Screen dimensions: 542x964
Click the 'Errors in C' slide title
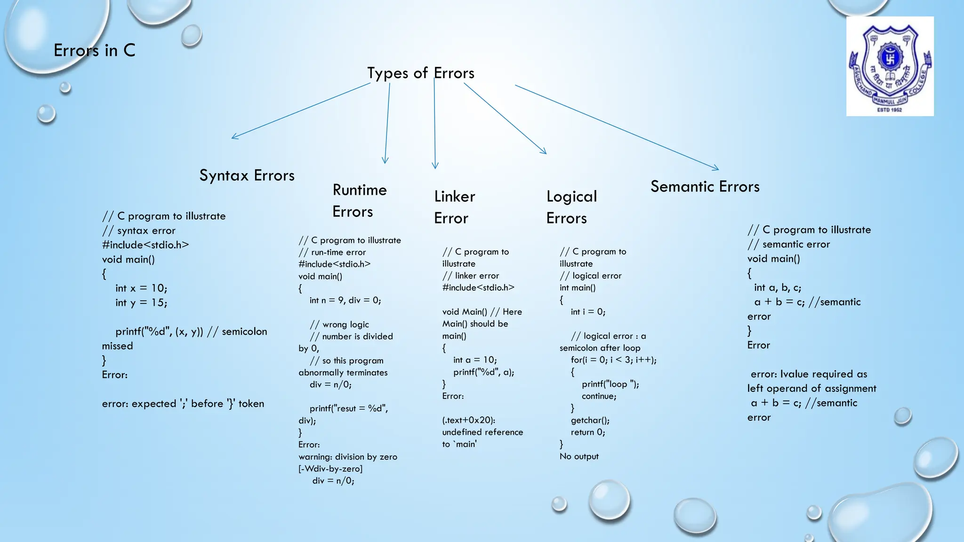coord(95,50)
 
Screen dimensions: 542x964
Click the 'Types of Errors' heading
coord(420,73)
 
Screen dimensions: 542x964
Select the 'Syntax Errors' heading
coord(247,175)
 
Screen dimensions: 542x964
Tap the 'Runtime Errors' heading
coord(359,201)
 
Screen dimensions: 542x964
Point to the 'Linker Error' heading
coord(454,207)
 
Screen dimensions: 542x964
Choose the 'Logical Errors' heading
coord(571,207)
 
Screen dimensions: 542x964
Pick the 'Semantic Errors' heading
coord(705,187)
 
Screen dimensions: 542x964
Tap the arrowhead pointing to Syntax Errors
coord(233,137)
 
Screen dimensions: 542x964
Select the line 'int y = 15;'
coord(141,303)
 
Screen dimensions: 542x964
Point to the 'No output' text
coord(579,456)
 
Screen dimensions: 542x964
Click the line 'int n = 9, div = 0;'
coord(345,300)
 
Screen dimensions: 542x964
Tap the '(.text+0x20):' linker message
coord(468,420)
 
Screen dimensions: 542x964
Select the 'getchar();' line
coord(590,420)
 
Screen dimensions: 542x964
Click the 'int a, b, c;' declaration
coord(777,287)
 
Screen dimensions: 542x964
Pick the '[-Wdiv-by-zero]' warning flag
coord(330,469)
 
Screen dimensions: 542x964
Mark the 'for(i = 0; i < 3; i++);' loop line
coord(613,360)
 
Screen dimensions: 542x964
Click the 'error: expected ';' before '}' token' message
coord(183,404)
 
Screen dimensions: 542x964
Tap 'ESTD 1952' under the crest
coord(890,110)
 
